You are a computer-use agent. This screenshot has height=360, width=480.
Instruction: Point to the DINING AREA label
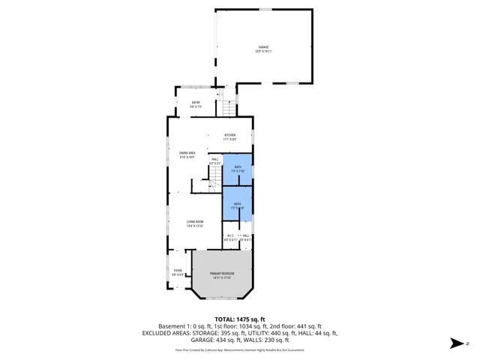point(187,154)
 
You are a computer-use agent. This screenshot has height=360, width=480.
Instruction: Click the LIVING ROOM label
point(195,223)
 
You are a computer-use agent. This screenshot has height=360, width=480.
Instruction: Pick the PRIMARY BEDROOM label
point(220,275)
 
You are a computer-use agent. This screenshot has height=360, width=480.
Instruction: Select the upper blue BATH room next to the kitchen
point(237,169)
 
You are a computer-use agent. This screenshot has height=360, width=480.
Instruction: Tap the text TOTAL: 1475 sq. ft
point(239,319)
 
